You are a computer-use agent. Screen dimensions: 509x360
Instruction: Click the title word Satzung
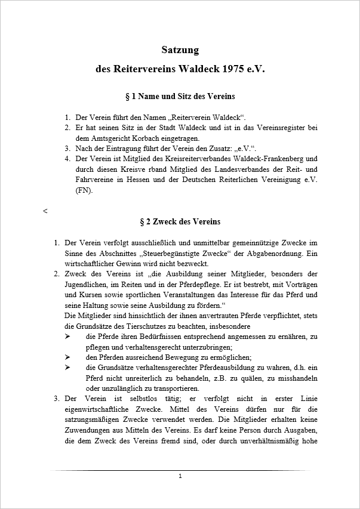point(180,50)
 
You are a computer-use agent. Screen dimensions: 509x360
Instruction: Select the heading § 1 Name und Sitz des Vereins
point(180,96)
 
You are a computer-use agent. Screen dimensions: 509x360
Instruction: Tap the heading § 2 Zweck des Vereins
point(180,222)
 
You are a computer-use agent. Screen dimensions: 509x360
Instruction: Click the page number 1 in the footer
point(180,476)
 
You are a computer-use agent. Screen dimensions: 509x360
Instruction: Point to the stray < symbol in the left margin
point(45,211)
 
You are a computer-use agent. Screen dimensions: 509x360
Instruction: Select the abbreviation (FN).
point(84,192)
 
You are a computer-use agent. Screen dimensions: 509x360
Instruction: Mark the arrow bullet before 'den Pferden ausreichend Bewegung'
point(67,357)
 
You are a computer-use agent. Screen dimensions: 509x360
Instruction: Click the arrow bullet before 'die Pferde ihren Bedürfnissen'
point(67,337)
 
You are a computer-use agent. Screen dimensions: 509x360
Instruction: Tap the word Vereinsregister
point(274,128)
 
